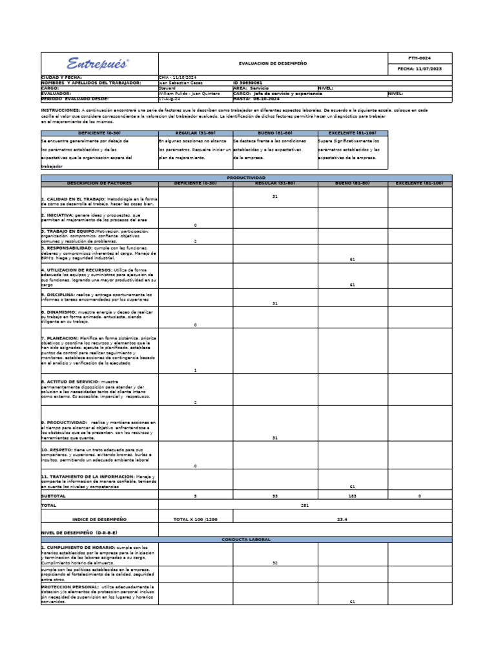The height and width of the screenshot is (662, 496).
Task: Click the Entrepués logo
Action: pos(98,63)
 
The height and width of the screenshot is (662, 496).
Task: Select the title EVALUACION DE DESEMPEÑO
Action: pos(273,63)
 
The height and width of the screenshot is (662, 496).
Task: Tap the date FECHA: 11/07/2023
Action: pos(420,69)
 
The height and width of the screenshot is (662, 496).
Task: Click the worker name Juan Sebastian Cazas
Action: pos(180,83)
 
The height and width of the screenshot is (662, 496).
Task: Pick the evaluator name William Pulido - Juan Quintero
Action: pos(189,93)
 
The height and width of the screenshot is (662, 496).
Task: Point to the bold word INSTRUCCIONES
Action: pos(60,110)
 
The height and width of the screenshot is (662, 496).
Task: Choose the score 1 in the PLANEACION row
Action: pos(195,370)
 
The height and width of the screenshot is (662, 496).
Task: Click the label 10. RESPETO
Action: pos(56,449)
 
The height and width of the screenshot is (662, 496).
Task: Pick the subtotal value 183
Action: pos(352,495)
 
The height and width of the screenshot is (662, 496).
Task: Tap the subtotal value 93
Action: pos(274,495)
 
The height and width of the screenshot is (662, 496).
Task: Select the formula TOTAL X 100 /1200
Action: pos(195,518)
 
